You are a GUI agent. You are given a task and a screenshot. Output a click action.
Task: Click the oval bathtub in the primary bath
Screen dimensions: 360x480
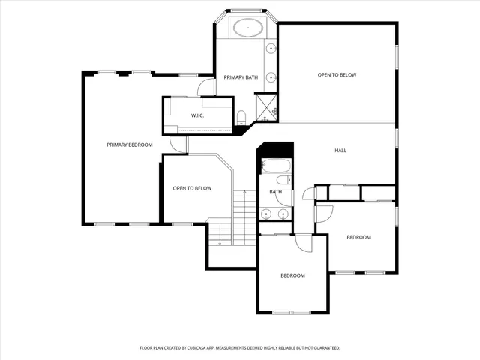coord(247,29)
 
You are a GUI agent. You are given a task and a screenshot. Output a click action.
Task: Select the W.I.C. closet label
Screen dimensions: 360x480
coord(198,115)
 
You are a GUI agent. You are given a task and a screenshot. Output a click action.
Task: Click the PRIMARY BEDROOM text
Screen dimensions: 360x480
coord(129,145)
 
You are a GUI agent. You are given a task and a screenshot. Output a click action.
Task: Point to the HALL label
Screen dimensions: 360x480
coord(340,151)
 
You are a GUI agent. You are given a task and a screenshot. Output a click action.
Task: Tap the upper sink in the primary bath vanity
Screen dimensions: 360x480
coord(271,49)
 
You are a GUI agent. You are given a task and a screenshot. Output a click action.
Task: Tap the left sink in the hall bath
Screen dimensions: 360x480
coord(267,214)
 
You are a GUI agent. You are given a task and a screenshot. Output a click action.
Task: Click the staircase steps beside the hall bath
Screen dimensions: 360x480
coord(241,217)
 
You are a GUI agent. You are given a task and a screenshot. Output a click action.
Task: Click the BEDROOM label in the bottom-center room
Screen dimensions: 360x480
coord(292,275)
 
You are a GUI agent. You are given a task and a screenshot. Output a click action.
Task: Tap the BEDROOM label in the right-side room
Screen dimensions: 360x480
coord(358,237)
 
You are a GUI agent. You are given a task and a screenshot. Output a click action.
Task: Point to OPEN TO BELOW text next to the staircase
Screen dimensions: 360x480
coord(192,188)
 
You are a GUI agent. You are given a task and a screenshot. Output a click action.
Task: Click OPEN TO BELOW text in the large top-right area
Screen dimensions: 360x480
coord(337,75)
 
